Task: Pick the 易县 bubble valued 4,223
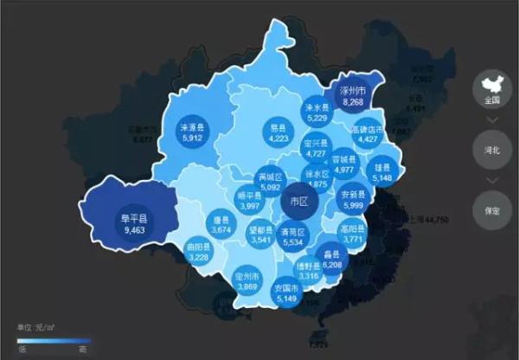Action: click(278, 132)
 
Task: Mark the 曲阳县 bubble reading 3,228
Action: click(199, 252)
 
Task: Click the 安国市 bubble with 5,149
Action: click(286, 292)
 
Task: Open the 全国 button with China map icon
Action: click(492, 88)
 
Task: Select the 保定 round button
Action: click(492, 209)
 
